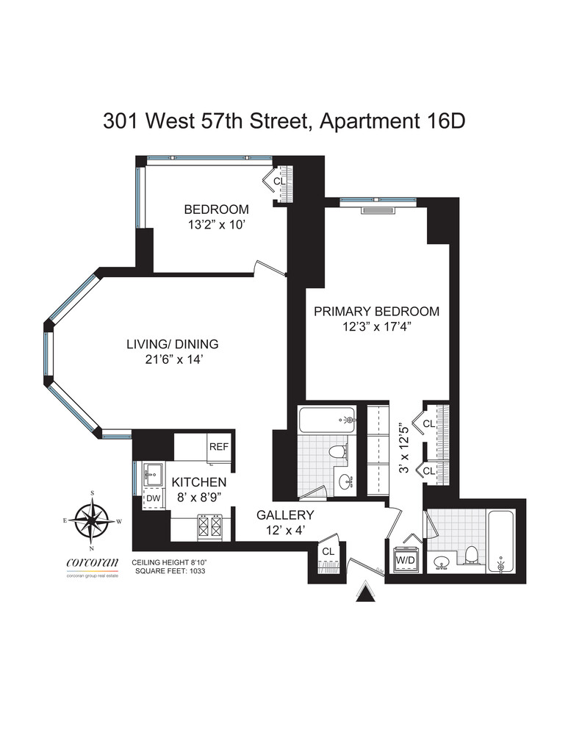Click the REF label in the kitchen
tap(218, 447)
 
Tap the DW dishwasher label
tap(153, 498)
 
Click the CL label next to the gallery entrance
tap(328, 551)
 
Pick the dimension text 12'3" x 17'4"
tap(376, 328)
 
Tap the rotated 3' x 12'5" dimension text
tap(401, 447)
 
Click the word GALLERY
tap(285, 515)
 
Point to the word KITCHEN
tap(198, 482)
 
